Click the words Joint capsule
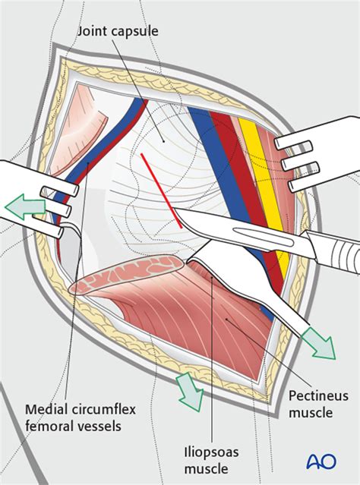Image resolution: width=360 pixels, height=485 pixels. pos(118,31)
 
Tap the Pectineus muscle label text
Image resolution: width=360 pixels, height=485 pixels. pos(318,404)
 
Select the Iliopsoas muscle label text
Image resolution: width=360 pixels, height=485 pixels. pos(211,461)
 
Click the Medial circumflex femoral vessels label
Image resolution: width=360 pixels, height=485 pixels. pos(81,417)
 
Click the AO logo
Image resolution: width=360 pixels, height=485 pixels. pos(321,461)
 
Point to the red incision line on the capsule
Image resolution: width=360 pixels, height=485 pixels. pos(161,191)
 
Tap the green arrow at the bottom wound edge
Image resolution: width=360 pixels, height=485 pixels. pos(189,392)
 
